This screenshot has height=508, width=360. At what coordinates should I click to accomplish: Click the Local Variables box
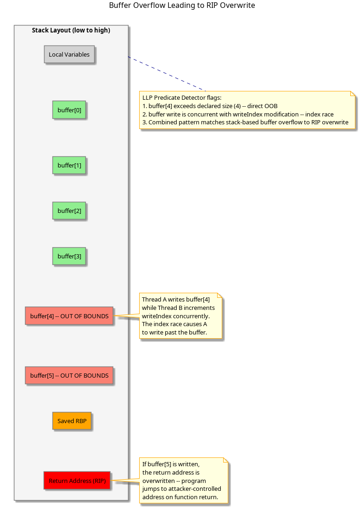69,54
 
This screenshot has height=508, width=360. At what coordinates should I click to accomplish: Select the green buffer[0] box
69,110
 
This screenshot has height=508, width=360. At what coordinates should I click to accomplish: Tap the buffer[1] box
69,165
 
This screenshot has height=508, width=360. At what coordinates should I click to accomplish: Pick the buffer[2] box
69,211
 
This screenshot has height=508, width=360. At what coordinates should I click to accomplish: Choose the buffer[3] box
69,256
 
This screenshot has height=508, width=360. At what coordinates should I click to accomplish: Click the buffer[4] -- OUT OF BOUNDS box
69,316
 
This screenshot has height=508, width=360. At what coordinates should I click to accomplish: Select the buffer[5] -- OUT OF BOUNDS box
69,375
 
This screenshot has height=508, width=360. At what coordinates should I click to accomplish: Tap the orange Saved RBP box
72,421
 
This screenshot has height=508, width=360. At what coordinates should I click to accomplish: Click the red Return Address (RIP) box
77,481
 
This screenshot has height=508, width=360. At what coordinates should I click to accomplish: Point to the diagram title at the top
182,6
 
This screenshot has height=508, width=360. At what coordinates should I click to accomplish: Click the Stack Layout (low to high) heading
71,31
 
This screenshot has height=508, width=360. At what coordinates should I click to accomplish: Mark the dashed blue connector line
167,74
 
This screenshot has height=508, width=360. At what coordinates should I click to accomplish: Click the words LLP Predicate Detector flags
182,98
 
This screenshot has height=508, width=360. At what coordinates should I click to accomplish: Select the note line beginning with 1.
210,106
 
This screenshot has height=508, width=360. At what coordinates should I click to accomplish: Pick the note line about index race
238,115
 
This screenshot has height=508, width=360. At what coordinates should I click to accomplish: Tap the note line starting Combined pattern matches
245,122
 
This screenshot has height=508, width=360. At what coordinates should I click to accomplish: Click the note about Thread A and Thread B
181,316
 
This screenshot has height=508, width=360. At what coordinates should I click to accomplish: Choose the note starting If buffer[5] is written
184,481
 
